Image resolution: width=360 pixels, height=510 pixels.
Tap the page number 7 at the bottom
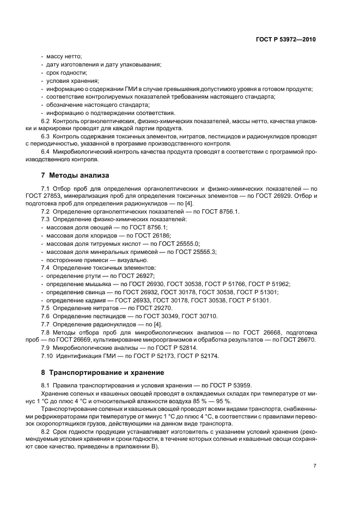point(315,466)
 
